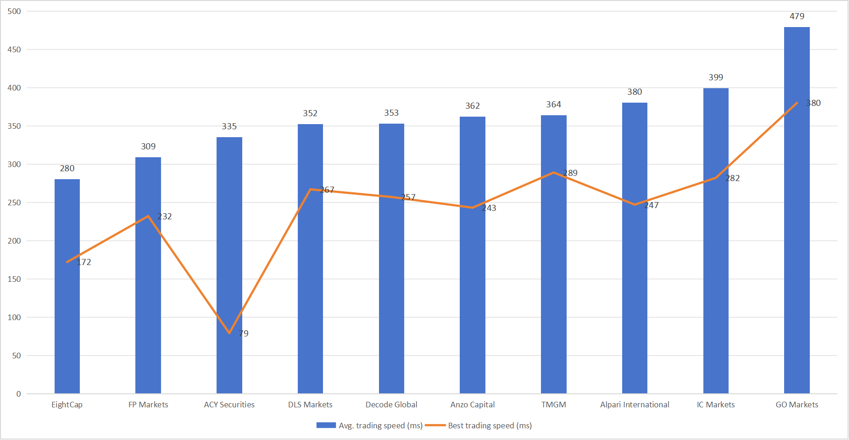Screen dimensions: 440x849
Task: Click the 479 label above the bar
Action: pos(797,16)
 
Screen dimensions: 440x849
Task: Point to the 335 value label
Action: pos(229,126)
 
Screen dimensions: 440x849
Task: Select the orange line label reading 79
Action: pos(244,334)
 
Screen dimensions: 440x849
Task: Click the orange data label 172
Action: pos(84,262)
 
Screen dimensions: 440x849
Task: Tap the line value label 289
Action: pos(570,173)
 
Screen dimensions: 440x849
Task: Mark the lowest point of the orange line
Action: pos(229,333)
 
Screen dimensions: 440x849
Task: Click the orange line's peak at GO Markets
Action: pos(797,103)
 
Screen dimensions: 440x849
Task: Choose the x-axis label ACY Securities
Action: pos(229,405)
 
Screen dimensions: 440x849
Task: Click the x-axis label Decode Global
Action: pos(391,405)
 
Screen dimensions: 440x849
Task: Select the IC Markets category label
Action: pos(716,405)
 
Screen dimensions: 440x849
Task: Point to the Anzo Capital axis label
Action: pos(472,405)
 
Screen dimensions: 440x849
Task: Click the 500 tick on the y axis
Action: pos(14,11)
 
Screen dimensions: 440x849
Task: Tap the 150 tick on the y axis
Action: pos(14,279)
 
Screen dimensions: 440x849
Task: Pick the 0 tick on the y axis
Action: pos(19,394)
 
